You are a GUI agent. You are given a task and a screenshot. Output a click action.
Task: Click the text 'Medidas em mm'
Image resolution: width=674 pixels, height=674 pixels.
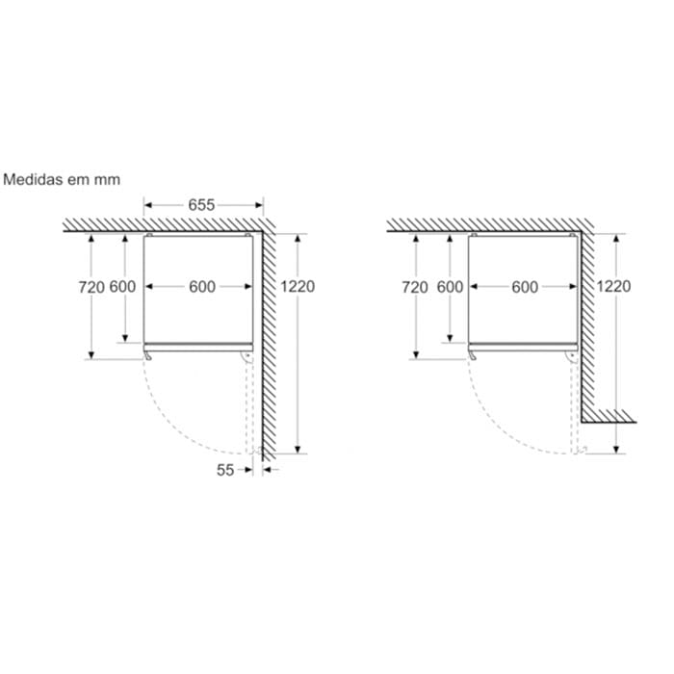point(62,179)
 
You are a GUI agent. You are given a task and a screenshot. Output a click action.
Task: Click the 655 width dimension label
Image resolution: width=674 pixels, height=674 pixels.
point(201,205)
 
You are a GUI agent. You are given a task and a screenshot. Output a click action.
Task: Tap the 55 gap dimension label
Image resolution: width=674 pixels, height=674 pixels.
point(225,470)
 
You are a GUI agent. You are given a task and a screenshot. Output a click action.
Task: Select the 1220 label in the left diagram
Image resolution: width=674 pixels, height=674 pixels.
point(298,286)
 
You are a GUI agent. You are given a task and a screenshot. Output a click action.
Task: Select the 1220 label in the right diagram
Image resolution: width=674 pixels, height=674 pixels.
point(613,286)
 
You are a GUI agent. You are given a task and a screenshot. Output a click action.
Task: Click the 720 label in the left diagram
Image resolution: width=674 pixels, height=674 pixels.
point(91,287)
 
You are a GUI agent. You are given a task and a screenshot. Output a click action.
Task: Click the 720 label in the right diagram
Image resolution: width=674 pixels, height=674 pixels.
point(415,287)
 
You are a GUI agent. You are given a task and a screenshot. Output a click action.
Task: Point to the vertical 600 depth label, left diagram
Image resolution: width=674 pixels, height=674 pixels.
point(122,287)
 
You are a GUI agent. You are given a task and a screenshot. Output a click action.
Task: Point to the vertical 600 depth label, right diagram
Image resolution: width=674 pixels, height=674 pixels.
point(450,287)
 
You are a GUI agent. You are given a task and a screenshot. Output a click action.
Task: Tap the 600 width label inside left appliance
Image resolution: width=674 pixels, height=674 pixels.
point(202,287)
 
